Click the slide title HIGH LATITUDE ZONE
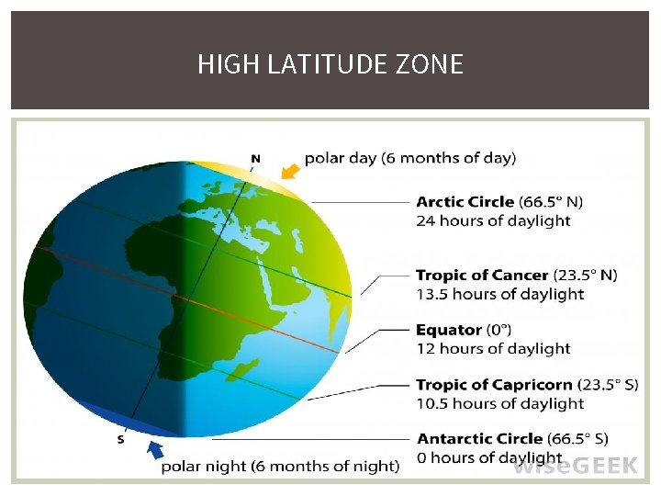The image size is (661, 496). point(330,64)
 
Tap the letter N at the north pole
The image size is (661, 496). point(255,158)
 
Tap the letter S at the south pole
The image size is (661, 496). point(121,439)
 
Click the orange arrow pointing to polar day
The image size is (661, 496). point(290,171)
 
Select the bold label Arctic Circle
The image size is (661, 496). point(465,202)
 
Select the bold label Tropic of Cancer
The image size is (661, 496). point(483,276)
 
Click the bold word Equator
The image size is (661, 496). point(449,330)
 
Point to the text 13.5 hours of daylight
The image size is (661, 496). point(499,295)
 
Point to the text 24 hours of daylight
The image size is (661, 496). point(493,221)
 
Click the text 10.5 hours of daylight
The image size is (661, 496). point(499,404)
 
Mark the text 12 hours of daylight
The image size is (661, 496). point(493,349)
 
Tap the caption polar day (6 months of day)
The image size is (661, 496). point(410,158)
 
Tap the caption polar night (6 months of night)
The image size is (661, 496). point(280,467)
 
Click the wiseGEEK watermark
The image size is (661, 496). point(575,466)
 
